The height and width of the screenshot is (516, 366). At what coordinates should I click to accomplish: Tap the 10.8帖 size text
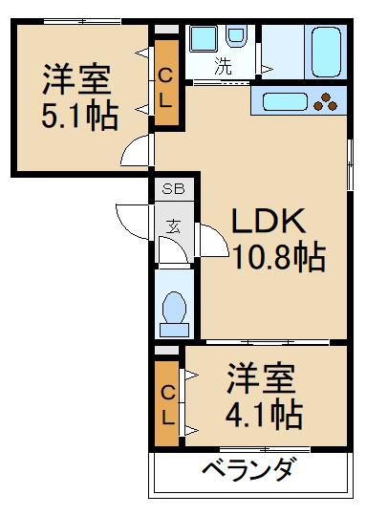(x=277, y=257)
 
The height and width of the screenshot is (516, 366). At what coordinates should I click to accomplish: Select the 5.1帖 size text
(x=80, y=115)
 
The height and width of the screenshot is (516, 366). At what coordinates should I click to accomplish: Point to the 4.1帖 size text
(x=265, y=413)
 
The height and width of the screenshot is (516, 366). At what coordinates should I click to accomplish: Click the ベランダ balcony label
(x=248, y=471)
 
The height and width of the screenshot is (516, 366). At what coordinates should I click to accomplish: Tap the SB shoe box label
(x=173, y=189)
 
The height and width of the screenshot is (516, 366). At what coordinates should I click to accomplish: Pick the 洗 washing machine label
(x=223, y=67)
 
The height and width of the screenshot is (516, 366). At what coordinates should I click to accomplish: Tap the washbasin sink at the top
(x=202, y=39)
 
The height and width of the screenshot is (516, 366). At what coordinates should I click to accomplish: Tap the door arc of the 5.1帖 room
(x=139, y=150)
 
